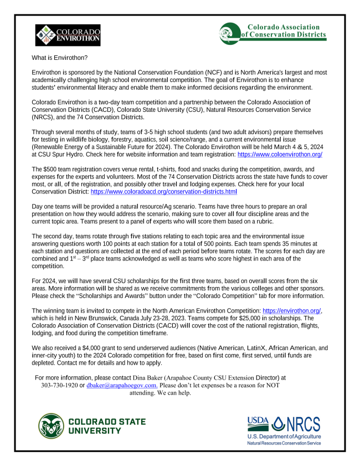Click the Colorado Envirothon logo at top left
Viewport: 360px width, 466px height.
pyautogui.click(x=68, y=35)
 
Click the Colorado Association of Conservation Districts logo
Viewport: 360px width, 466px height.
pyautogui.click(x=272, y=31)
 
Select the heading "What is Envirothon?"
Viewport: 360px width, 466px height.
pyautogui.click(x=59, y=58)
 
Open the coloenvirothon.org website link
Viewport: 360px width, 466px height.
pyautogui.click(x=280, y=155)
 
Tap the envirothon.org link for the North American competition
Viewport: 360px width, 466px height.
pyautogui.click(x=292, y=310)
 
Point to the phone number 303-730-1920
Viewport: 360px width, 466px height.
pyautogui.click(x=60, y=385)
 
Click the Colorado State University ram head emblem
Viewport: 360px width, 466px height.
pyautogui.click(x=51, y=426)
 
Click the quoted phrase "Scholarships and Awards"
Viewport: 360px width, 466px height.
pyautogui.click(x=114, y=295)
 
